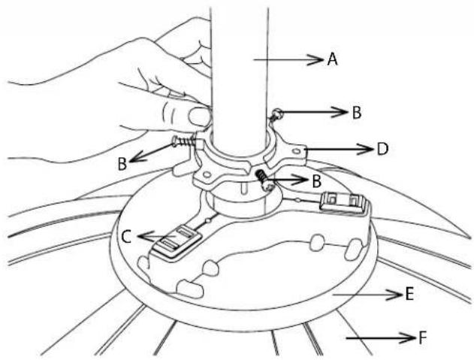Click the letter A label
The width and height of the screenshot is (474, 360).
(332, 59)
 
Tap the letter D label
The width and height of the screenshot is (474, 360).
(382, 149)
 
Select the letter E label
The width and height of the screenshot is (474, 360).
(409, 294)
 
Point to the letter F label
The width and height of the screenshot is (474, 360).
(422, 338)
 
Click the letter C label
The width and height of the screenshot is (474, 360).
(126, 237)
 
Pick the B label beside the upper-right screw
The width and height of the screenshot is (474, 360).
(357, 113)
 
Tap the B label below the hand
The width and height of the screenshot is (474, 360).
(122, 165)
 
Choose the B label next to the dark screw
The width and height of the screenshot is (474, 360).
(316, 181)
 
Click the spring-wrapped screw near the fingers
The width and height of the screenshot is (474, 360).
(184, 141)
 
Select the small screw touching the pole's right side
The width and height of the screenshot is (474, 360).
(276, 115)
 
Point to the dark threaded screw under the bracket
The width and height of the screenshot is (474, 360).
(264, 180)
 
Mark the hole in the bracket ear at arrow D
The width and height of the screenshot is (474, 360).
(297, 150)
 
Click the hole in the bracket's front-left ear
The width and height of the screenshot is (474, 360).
(207, 175)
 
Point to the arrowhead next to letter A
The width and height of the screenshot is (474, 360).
(315, 59)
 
